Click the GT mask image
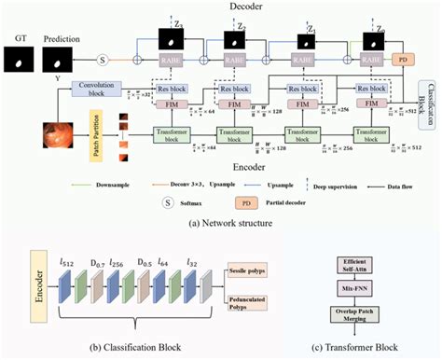click(20, 61)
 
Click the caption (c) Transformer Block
click(371, 348)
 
